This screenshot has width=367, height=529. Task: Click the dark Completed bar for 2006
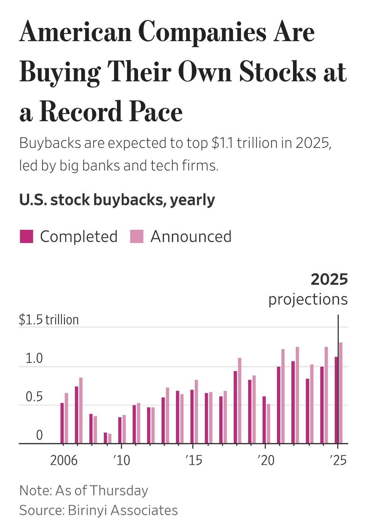point(62,423)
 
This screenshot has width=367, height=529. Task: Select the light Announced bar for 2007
point(81,410)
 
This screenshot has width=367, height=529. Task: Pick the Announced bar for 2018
point(240,401)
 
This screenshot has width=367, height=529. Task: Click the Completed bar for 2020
point(264,420)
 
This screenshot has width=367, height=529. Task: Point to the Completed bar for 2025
point(336,400)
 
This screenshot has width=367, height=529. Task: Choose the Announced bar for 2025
point(341,393)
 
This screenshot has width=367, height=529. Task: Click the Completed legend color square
point(26,236)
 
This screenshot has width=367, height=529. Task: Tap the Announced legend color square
point(137,236)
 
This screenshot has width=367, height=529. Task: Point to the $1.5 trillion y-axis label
point(49,320)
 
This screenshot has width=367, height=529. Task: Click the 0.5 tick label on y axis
point(34,397)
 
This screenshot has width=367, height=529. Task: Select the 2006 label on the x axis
point(64,460)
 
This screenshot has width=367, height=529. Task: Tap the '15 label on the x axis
point(194,460)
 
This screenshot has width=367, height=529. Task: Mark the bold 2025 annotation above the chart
point(329,279)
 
